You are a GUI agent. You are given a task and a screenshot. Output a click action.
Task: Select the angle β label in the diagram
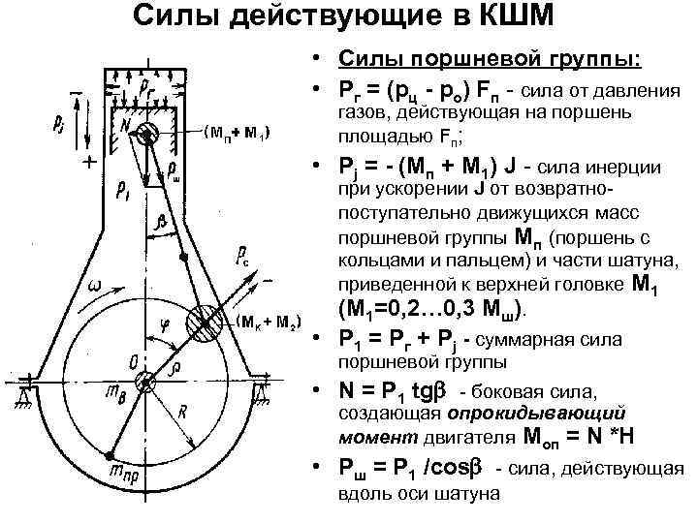(x=162, y=222)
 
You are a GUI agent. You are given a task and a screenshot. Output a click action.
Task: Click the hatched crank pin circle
(x=207, y=323)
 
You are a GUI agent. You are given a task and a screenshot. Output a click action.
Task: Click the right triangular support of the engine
(x=263, y=391)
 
